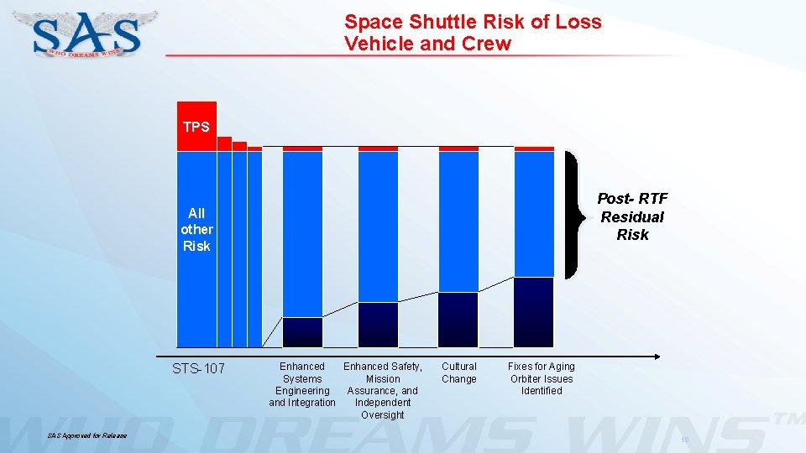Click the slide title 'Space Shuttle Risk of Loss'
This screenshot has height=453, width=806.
pyautogui.click(x=473, y=22)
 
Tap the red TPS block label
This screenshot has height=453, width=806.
pyautogui.click(x=196, y=127)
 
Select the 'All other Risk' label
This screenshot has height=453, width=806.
pyautogui.click(x=196, y=229)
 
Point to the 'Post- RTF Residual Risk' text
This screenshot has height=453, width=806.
pyautogui.click(x=631, y=216)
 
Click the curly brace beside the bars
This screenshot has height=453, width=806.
pyautogui.click(x=573, y=215)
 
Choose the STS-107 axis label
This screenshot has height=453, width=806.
pyautogui.click(x=198, y=367)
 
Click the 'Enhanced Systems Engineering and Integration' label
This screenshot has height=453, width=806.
pyautogui.click(x=302, y=384)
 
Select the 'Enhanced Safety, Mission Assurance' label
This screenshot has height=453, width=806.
pyautogui.click(x=382, y=390)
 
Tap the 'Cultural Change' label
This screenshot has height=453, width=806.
pyautogui.click(x=459, y=372)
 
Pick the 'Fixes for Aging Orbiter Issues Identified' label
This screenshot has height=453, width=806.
pyautogui.click(x=542, y=378)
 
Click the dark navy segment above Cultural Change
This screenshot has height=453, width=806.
pyautogui.click(x=458, y=319)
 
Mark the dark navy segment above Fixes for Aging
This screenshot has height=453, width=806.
pyautogui.click(x=534, y=311)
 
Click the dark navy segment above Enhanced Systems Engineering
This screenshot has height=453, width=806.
pyautogui.click(x=302, y=331)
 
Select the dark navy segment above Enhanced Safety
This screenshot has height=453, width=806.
pyautogui.click(x=378, y=324)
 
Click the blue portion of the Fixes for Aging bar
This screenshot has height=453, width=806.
pyautogui.click(x=534, y=213)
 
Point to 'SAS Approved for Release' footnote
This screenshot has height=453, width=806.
pyautogui.click(x=87, y=435)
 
